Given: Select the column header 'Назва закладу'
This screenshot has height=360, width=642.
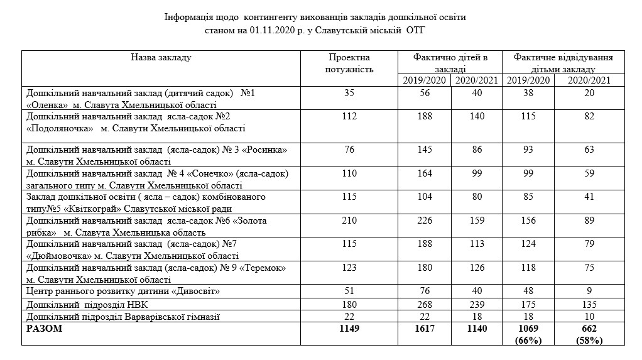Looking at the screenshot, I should (161, 58).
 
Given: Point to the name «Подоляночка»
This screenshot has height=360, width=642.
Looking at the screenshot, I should (60, 129).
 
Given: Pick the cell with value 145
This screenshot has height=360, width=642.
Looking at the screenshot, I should (424, 151).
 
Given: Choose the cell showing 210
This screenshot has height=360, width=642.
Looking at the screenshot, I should (349, 221).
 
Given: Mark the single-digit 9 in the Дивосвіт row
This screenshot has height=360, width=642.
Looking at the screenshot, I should (589, 292).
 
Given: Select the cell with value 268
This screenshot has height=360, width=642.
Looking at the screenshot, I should (424, 304).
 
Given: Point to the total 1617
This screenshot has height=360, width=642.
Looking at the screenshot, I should (424, 329).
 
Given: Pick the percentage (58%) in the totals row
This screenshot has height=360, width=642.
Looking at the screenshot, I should (589, 341).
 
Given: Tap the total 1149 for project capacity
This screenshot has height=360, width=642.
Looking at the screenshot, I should (349, 329).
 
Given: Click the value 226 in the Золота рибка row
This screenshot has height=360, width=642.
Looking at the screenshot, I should (424, 221).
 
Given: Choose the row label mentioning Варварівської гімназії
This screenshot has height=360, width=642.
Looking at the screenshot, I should (122, 316).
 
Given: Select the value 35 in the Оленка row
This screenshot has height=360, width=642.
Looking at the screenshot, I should (349, 93).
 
